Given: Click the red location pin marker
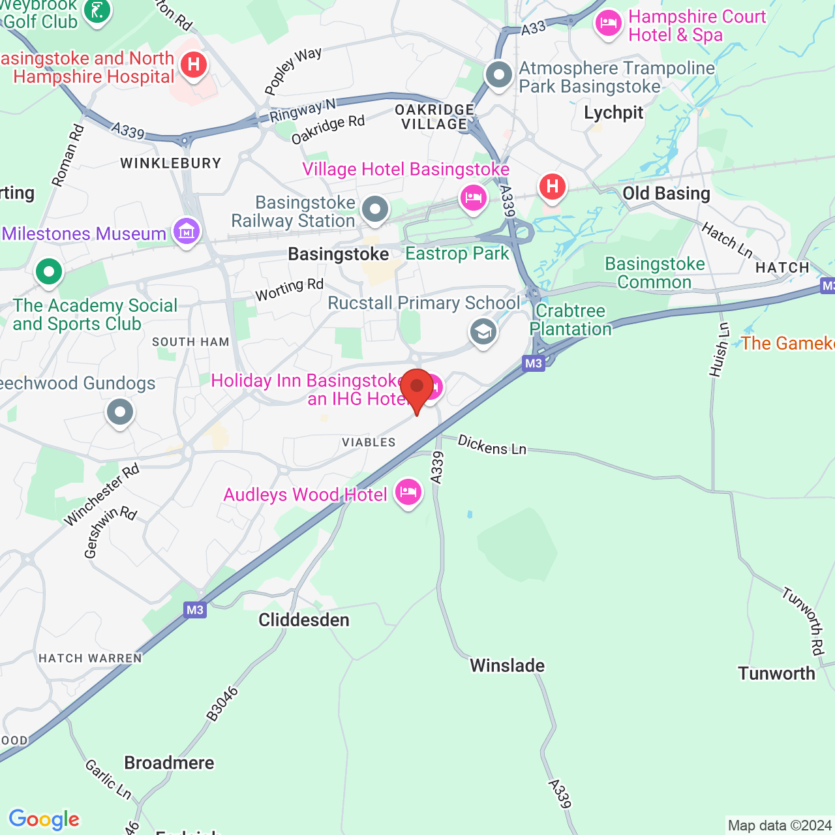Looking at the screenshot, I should [x=417, y=388].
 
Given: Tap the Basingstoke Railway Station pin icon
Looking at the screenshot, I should [x=375, y=210].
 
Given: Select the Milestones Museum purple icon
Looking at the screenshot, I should [x=187, y=231].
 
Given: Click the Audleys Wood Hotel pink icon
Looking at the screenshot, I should [x=408, y=493].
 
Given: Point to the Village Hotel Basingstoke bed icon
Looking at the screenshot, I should [x=474, y=197].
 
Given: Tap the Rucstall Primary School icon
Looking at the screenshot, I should [x=483, y=332].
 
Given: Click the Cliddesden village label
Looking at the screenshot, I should [x=304, y=620].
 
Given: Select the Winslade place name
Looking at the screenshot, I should [x=508, y=665].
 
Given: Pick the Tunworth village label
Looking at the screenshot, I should [x=776, y=673].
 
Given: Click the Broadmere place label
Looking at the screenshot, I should [x=169, y=763].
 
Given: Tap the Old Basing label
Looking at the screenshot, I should [x=666, y=193].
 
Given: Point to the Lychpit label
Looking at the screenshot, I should [x=614, y=113].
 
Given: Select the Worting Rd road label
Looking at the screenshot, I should [x=290, y=290].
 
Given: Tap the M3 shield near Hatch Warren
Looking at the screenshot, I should [x=195, y=610].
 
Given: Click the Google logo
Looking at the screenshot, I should [x=44, y=819].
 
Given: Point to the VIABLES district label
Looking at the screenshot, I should [x=369, y=442].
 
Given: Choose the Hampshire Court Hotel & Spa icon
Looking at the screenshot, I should [x=609, y=24].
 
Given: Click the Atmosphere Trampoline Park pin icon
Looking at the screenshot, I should [x=500, y=75].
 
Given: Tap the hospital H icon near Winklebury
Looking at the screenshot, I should [x=194, y=65].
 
